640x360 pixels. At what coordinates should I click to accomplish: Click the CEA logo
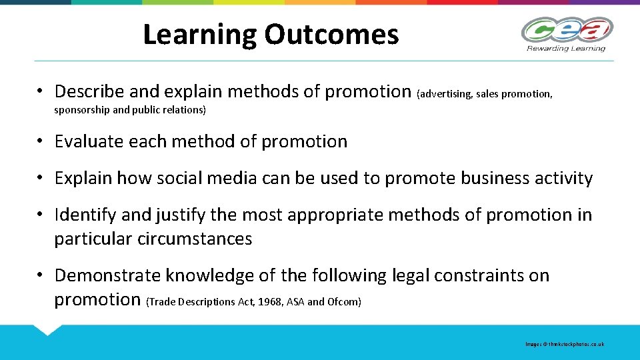[566, 30]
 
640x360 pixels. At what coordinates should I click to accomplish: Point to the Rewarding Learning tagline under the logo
[566, 48]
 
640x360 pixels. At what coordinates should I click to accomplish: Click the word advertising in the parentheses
[445, 94]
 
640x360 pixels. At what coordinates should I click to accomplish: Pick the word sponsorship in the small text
[82, 110]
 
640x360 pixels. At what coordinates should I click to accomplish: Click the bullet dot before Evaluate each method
[41, 141]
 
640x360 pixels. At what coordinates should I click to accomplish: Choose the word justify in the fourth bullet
[181, 215]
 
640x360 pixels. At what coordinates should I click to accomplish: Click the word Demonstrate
[108, 275]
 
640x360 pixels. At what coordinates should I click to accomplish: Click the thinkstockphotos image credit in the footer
[565, 344]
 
